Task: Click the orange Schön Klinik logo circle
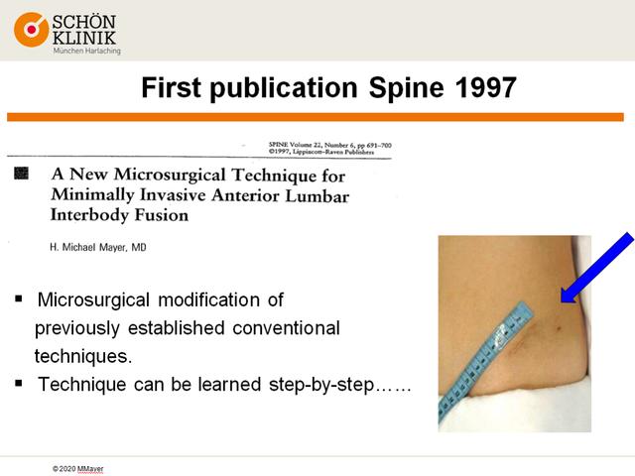(x=31, y=30)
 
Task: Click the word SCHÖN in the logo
(x=83, y=22)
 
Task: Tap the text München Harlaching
(x=86, y=51)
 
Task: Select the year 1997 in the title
(x=485, y=87)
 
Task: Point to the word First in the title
(x=171, y=87)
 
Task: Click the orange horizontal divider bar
(x=316, y=117)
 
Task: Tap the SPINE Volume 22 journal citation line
(x=329, y=145)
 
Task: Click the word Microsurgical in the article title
(x=170, y=175)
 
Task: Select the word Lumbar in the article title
(x=317, y=196)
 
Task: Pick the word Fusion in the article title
(x=161, y=215)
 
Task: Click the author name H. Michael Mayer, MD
(x=98, y=247)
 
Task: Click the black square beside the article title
(x=21, y=173)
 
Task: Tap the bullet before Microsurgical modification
(x=19, y=299)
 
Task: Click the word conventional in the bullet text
(x=286, y=328)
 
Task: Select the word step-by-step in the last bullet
(x=321, y=385)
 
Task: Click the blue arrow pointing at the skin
(x=596, y=269)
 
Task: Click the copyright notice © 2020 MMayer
(x=77, y=469)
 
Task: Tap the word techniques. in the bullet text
(x=83, y=356)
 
